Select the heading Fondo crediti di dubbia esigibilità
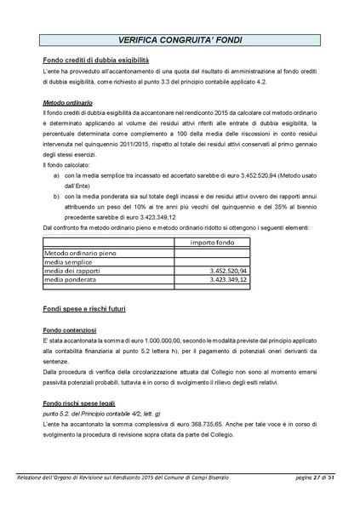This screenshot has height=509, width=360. click(x=95, y=61)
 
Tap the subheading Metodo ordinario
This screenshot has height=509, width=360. click(x=69, y=100)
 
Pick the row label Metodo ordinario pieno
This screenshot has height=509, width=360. click(x=80, y=253)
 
